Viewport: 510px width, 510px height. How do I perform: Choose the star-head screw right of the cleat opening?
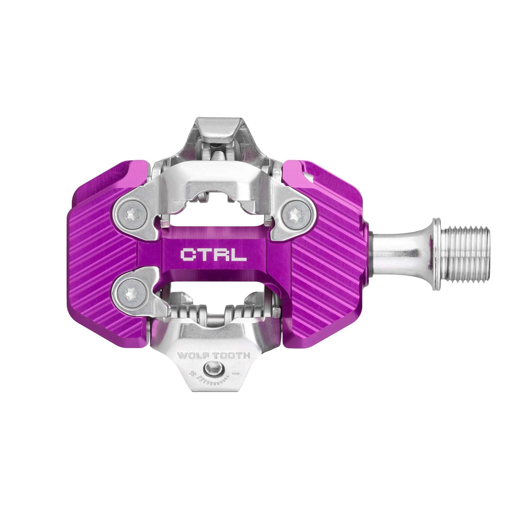click(295, 214)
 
